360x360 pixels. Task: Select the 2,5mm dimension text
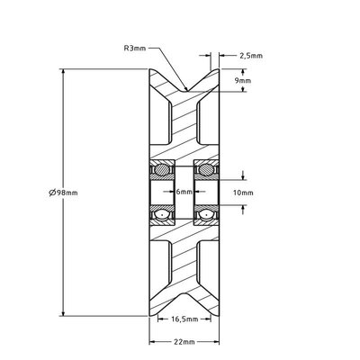click(x=250, y=56)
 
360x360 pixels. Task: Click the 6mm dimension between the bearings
click(x=183, y=192)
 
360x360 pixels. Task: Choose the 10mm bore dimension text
click(x=244, y=192)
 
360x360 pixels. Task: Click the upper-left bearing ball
click(x=162, y=167)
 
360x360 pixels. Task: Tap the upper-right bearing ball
click(x=203, y=167)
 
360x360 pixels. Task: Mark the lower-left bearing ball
click(x=162, y=216)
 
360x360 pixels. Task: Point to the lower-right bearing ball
click(x=203, y=216)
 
